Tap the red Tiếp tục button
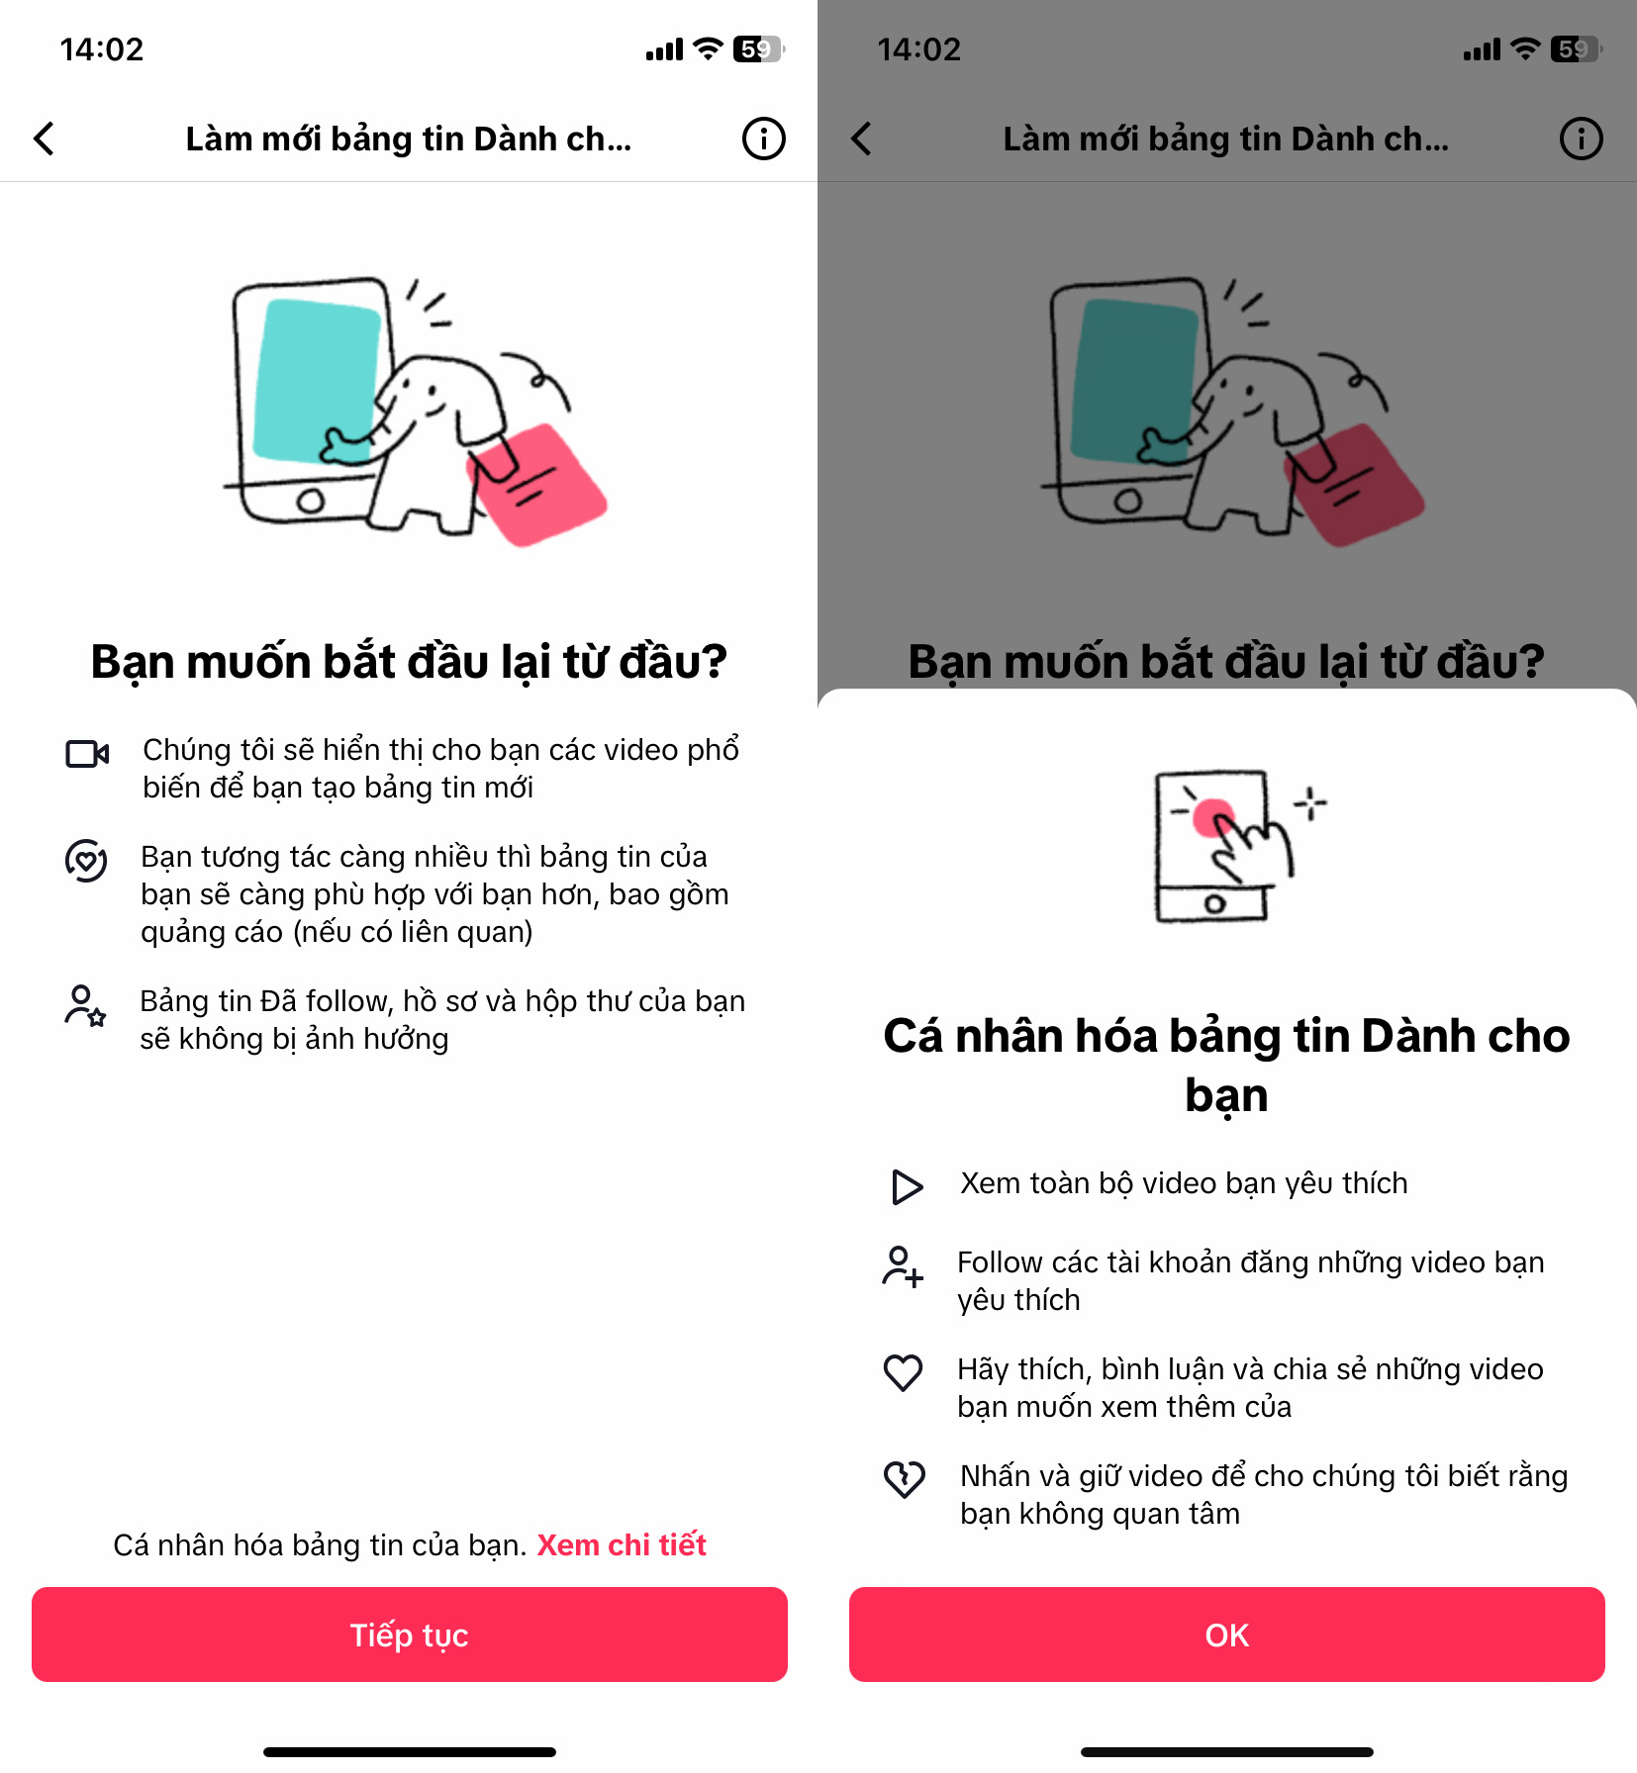pos(409,1634)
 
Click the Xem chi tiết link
pos(622,1544)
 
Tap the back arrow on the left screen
pos(44,139)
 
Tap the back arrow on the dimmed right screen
pos(861,139)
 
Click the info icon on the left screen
pos(763,139)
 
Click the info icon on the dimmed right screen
pos(1581,139)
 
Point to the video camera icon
pos(87,754)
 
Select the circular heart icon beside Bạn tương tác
pos(86,861)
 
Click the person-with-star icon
pos(85,1006)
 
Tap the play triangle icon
pos(907,1186)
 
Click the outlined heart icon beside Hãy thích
pos(903,1373)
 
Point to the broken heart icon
pos(904,1479)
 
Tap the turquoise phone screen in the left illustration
pos(315,381)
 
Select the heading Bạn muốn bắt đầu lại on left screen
pos(409,661)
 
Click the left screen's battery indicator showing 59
pos(758,48)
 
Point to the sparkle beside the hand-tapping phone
pos(1310,803)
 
